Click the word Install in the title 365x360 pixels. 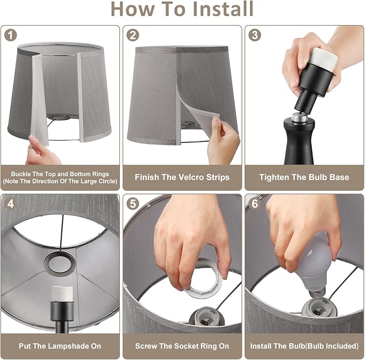pyautogui.click(x=223, y=9)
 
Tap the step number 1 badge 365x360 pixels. pyautogui.click(x=11, y=35)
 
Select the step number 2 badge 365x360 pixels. pyautogui.click(x=133, y=35)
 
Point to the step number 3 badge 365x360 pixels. pyautogui.click(x=255, y=35)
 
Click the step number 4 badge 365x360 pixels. pyautogui.click(x=11, y=204)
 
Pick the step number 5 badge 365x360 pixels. pyautogui.click(x=133, y=204)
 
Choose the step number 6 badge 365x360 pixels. pyautogui.click(x=255, y=204)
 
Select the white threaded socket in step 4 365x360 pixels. pyautogui.click(x=62, y=294)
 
